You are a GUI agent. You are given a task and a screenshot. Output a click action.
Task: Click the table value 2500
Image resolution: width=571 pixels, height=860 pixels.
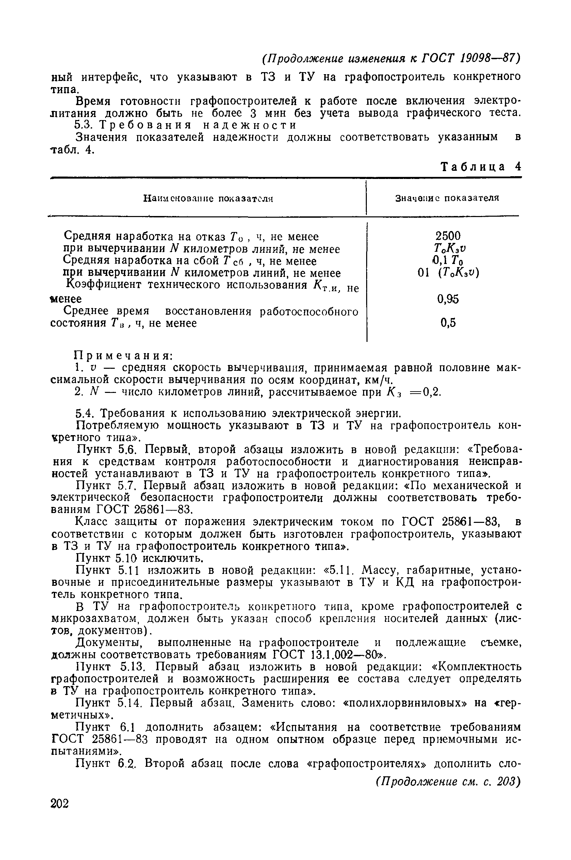pos(448,236)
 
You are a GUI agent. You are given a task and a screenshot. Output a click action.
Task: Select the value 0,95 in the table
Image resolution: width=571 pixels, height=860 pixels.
pos(448,299)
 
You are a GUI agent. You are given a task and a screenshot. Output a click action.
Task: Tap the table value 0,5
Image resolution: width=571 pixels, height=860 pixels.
pos(448,323)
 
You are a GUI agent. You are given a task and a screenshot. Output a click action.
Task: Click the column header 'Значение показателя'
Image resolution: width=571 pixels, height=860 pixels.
pos(447,198)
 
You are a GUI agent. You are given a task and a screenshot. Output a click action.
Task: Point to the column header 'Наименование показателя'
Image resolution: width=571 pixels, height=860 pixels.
pos(208,199)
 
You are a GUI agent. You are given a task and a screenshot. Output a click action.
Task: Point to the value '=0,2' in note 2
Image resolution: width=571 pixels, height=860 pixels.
pos(426,392)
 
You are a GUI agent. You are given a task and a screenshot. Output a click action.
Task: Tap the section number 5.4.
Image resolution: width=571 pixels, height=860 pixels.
pos(85,413)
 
